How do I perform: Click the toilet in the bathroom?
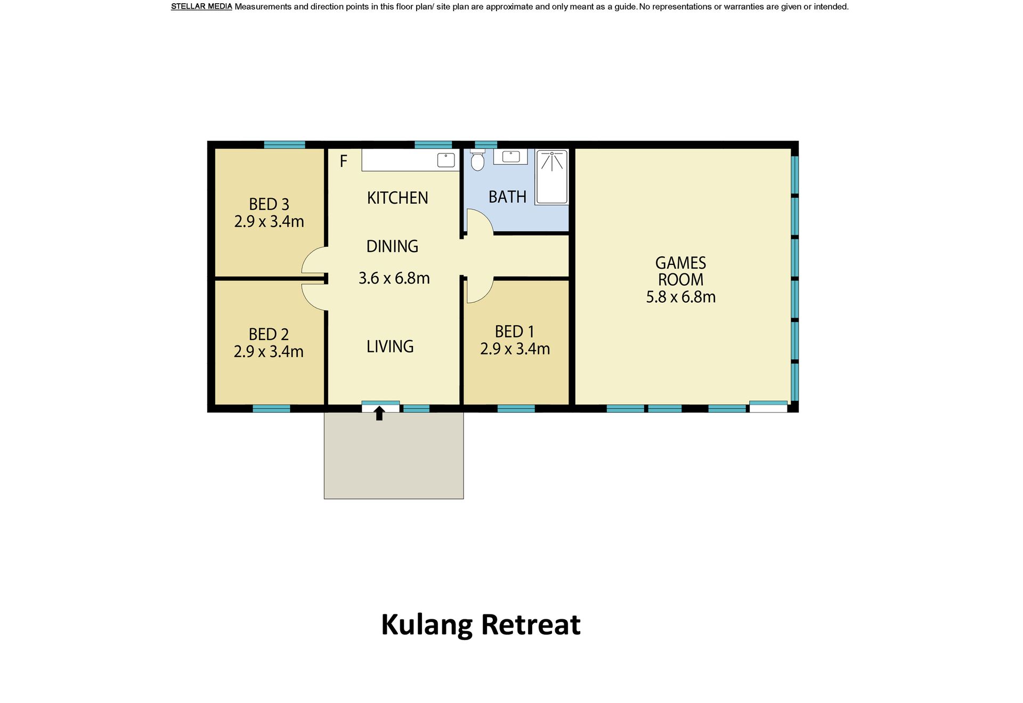(x=477, y=159)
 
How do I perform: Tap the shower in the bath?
(x=552, y=177)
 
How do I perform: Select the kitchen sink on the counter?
(x=446, y=160)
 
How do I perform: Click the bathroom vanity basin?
(x=510, y=157)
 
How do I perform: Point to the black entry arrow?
(x=379, y=413)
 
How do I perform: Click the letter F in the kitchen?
(x=344, y=161)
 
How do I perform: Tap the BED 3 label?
(x=269, y=204)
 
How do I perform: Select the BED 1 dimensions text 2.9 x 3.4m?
(x=515, y=349)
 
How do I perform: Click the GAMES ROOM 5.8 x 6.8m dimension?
(x=680, y=297)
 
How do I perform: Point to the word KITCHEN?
(x=397, y=198)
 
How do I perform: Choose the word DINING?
(x=392, y=246)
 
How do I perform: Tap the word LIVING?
(x=390, y=346)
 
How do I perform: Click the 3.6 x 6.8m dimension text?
(x=394, y=278)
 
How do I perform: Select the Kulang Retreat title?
(x=481, y=625)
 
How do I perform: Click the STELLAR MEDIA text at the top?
(x=201, y=7)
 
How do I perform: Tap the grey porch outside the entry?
(x=394, y=456)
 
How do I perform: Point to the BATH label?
(x=507, y=197)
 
